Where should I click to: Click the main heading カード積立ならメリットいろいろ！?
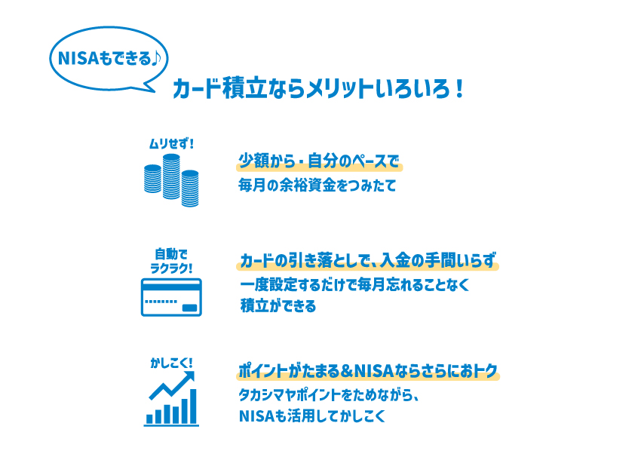tap(317, 90)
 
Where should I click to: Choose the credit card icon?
tap(171, 297)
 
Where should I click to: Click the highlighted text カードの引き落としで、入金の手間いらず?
tap(368, 262)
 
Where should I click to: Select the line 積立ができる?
tap(278, 307)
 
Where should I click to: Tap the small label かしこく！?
tap(171, 363)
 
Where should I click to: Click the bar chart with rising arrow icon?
tap(171, 400)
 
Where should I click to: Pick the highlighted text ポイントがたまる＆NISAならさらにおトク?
tap(368, 372)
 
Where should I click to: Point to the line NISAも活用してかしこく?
tap(311, 415)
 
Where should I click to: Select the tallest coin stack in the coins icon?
tap(172, 178)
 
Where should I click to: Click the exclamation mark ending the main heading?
tap(459, 90)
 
